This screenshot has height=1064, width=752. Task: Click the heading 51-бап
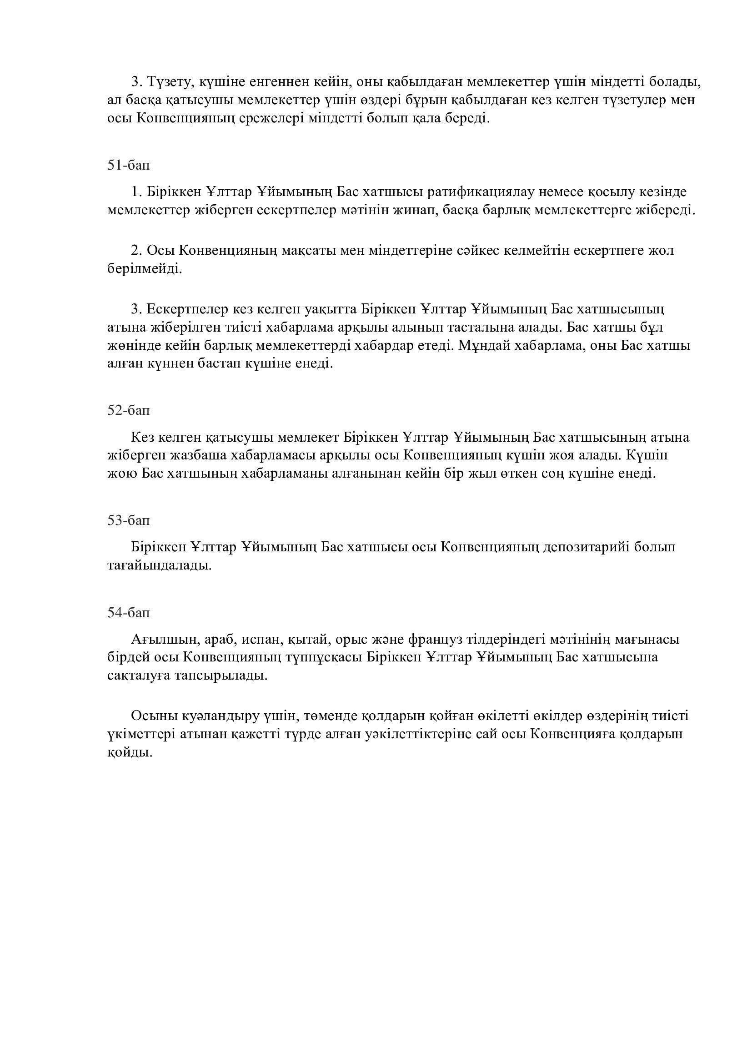point(129,165)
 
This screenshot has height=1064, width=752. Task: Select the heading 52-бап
point(129,410)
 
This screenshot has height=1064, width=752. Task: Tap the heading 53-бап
point(129,520)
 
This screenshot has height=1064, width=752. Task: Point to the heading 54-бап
point(129,613)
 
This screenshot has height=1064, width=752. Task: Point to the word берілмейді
point(145,269)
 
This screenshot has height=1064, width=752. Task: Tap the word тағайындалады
point(159,565)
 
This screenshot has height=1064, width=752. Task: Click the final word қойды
point(130,752)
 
